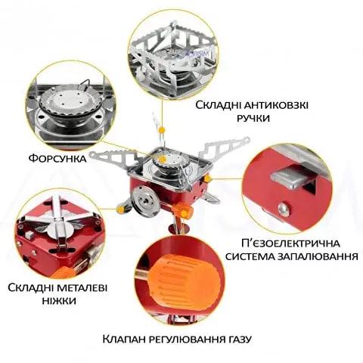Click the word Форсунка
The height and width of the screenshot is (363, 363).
pos(57,159)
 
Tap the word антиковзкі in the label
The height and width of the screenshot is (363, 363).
pos(276,105)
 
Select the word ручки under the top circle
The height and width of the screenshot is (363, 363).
pos(253,118)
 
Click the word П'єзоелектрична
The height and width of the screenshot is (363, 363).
pos(290,244)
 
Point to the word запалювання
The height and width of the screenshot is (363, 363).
pos(318,256)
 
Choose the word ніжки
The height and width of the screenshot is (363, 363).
pos(59,301)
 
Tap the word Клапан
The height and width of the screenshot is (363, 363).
pos(124,339)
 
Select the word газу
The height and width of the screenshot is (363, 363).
pos(237,340)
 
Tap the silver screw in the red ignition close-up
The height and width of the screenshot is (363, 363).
pos(284,209)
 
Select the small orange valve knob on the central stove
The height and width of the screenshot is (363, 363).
pos(184,211)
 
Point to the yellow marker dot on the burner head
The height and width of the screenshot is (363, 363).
pos(163,159)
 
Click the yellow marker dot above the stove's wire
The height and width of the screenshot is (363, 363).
pos(162,130)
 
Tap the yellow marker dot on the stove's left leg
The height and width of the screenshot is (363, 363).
pos(120,209)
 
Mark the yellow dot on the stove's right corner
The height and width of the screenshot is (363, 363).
pos(207,179)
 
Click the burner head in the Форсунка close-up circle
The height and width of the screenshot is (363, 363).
pos(71,102)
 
